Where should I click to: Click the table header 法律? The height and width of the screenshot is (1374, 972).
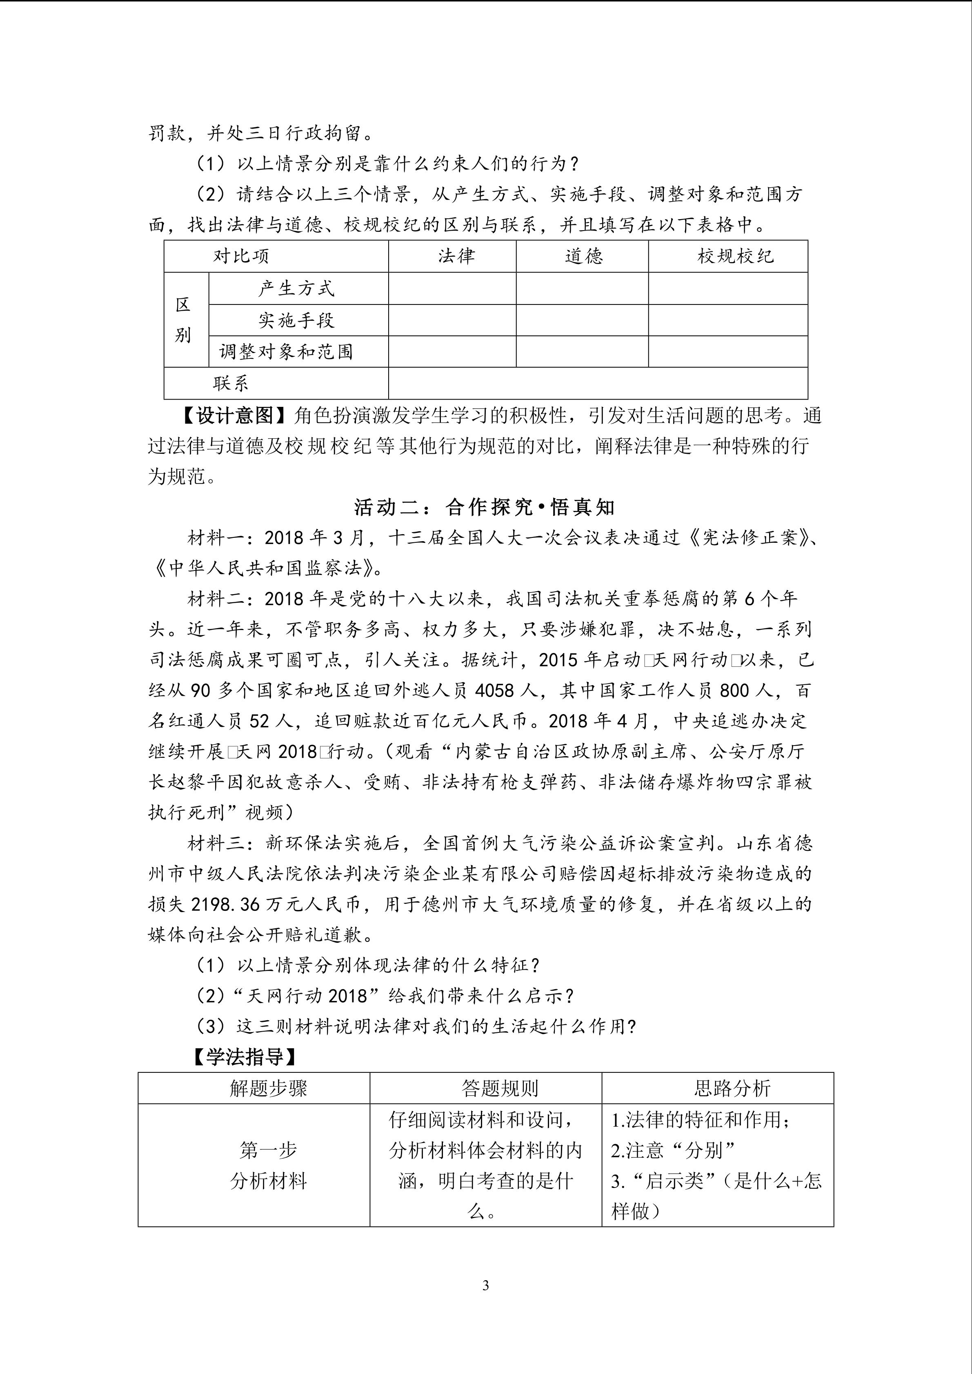click(x=456, y=256)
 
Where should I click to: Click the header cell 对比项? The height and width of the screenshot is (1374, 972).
click(x=241, y=256)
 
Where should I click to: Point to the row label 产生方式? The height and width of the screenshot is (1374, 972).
click(x=296, y=289)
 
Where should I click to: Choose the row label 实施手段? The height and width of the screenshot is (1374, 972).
click(x=296, y=320)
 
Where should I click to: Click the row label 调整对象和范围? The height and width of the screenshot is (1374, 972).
click(x=286, y=351)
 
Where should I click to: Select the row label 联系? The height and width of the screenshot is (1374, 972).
click(x=230, y=383)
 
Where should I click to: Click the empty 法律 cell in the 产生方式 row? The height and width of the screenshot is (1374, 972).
click(x=452, y=289)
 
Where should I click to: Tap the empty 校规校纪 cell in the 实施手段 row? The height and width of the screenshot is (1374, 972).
click(x=728, y=320)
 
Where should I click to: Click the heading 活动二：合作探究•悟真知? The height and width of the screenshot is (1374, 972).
click(x=485, y=508)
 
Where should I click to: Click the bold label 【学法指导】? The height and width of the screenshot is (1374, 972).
click(x=245, y=1057)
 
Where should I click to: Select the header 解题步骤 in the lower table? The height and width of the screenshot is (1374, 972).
click(x=268, y=1088)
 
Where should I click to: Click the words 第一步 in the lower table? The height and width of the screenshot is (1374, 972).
click(x=268, y=1149)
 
